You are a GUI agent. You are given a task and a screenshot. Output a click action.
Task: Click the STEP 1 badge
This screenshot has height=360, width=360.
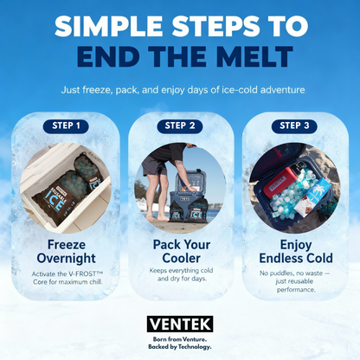(66, 125)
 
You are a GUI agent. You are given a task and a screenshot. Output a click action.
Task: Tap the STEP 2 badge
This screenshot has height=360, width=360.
(180, 125)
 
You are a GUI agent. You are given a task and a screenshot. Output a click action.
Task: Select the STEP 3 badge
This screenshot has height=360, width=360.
(294, 125)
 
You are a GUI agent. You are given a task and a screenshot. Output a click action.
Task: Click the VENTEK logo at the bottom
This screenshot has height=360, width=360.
(180, 324)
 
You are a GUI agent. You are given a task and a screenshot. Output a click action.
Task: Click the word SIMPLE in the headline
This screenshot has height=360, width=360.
(109, 26)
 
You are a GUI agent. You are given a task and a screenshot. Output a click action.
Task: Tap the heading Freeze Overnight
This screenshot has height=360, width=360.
(66, 251)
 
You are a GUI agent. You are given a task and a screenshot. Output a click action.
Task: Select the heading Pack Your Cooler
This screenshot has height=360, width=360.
(182, 251)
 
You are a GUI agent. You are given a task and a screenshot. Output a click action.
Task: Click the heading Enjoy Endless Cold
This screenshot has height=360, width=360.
(296, 251)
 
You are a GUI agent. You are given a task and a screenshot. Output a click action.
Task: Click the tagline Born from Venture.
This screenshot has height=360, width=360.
(180, 339)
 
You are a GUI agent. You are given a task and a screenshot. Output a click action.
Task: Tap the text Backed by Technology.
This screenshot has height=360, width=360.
(180, 347)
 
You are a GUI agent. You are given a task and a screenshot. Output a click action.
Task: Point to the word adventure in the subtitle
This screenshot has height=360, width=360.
(283, 90)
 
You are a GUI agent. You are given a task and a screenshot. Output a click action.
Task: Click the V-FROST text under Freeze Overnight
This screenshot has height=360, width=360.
(81, 273)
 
